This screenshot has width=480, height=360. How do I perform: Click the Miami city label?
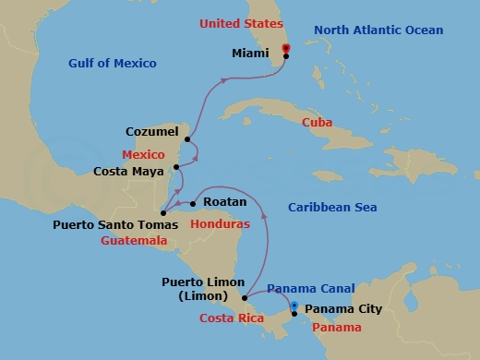252,54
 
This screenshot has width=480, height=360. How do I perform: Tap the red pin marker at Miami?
285,47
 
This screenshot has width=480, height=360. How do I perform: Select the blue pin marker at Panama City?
294,306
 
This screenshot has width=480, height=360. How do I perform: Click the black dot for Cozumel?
187,140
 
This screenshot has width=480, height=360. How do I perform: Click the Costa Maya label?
132,171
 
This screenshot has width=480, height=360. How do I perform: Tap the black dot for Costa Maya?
176,168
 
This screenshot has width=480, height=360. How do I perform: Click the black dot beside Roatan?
193,204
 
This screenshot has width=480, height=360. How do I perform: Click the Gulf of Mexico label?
112,63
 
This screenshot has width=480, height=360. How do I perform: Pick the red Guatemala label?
135,240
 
